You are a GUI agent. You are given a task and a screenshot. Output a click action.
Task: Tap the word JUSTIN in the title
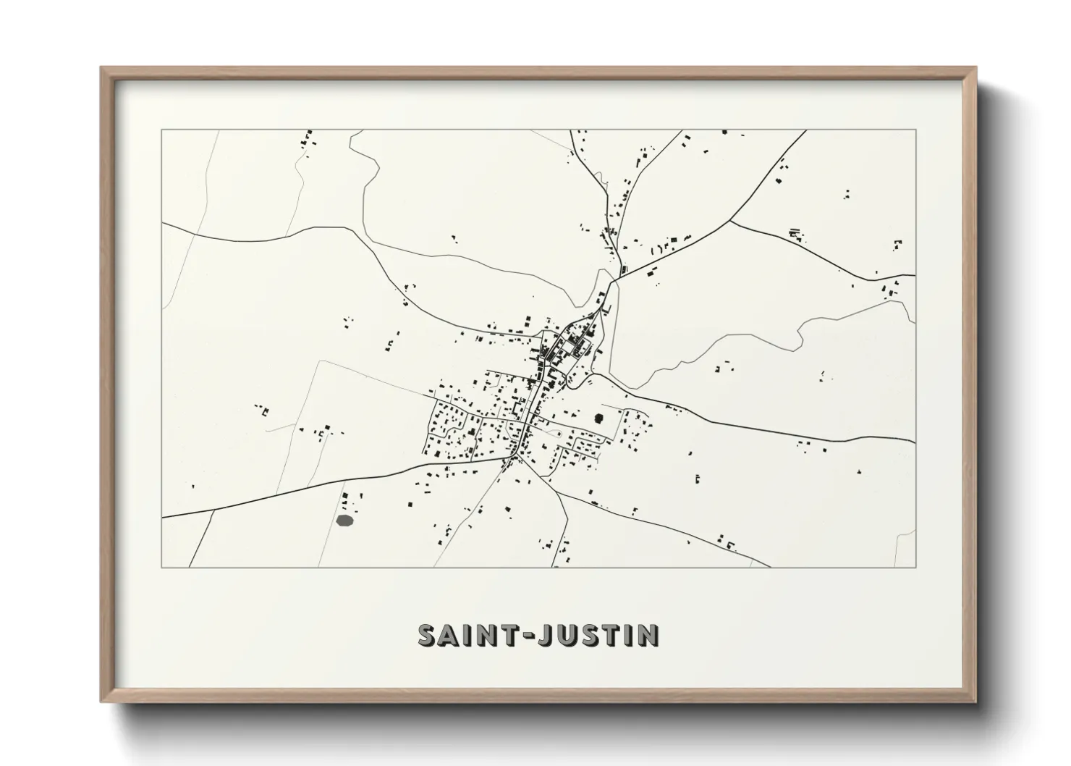601,635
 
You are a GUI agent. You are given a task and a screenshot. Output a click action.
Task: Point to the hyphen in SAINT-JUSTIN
529,636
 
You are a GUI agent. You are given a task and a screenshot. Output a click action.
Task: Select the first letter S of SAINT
427,635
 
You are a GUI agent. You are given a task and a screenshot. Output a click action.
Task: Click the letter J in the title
547,635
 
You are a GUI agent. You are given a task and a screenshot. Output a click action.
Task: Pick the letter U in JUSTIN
567,635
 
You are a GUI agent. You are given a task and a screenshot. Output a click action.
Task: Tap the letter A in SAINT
449,635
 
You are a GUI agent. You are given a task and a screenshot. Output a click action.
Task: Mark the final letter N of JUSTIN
648,635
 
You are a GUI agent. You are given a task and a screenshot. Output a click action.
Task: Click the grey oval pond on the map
345,519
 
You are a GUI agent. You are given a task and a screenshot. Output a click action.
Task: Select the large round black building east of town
599,418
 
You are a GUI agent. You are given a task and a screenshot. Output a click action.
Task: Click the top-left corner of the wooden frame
102,68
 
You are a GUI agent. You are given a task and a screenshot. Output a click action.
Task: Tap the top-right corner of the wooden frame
976,68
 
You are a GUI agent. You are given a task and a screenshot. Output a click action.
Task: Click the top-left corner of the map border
161,130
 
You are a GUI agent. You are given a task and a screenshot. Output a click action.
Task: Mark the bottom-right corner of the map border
916,567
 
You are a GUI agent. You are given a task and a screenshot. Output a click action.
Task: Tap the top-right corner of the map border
916,130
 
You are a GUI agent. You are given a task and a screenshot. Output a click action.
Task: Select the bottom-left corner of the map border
161,567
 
